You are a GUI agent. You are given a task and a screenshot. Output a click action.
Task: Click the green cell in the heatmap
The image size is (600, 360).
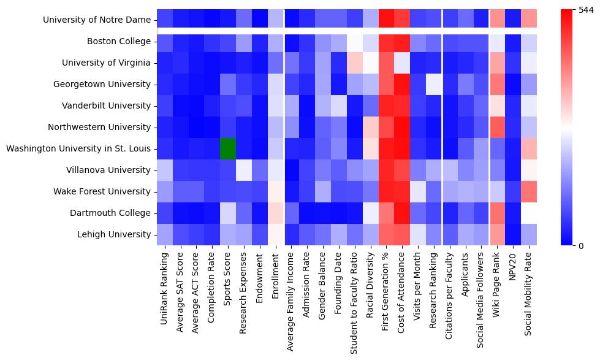pos(228,148)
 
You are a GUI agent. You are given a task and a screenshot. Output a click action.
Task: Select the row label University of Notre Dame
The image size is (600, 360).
pos(97,20)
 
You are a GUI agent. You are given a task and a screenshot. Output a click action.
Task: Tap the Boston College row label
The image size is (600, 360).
pos(118,42)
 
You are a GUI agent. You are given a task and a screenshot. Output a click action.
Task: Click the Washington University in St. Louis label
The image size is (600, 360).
pos(78,148)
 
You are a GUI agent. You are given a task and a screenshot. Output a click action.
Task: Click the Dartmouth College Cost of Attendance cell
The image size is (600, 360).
pos(402,213)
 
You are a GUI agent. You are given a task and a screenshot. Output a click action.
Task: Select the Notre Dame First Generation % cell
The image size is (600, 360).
pos(386,20)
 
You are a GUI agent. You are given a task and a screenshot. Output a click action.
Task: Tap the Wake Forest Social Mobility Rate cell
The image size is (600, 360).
pos(529,191)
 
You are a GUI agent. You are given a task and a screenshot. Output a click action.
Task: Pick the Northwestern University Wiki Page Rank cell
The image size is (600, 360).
pos(497,127)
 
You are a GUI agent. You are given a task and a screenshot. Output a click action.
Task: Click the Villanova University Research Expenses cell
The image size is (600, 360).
pos(244,170)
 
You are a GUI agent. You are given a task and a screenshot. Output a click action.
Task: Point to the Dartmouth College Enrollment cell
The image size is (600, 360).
pos(275,213)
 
